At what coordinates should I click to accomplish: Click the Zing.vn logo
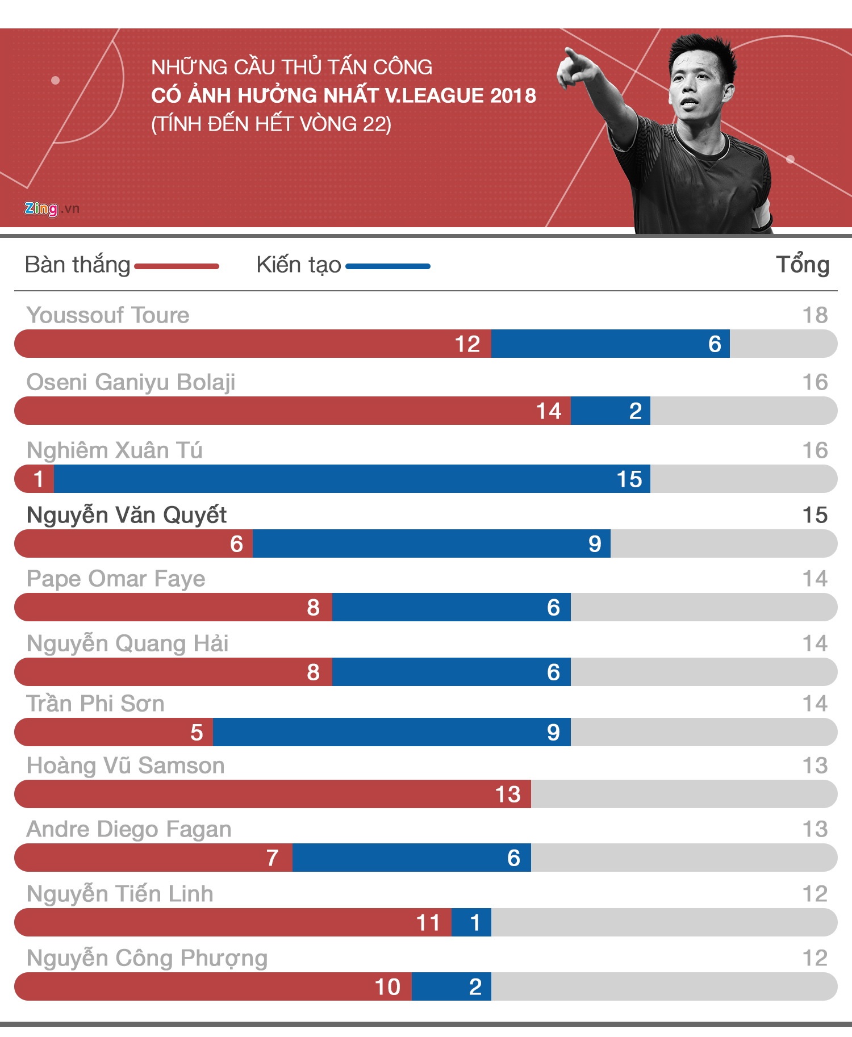pos(51,209)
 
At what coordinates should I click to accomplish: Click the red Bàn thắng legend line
pos(177,266)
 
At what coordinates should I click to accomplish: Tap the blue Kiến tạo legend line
pos(388,266)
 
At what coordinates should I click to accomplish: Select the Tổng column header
pos(803,265)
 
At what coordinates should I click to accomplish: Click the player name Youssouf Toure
pos(108,315)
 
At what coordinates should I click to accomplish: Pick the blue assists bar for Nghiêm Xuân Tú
pos(352,479)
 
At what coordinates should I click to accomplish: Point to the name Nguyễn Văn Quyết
pos(127,515)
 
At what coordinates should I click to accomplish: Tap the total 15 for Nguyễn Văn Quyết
pos(815,515)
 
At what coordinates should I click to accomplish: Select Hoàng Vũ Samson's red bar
pos(273,794)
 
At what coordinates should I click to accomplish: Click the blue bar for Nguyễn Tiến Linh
pos(471,922)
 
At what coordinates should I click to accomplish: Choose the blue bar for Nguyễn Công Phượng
pos(452,986)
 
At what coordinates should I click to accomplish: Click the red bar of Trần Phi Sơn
pos(114,732)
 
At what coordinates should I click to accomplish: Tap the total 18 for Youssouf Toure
pos(815,315)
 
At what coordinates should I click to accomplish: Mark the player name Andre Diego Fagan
pos(129,829)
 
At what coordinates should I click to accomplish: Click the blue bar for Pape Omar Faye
pos(452,607)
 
